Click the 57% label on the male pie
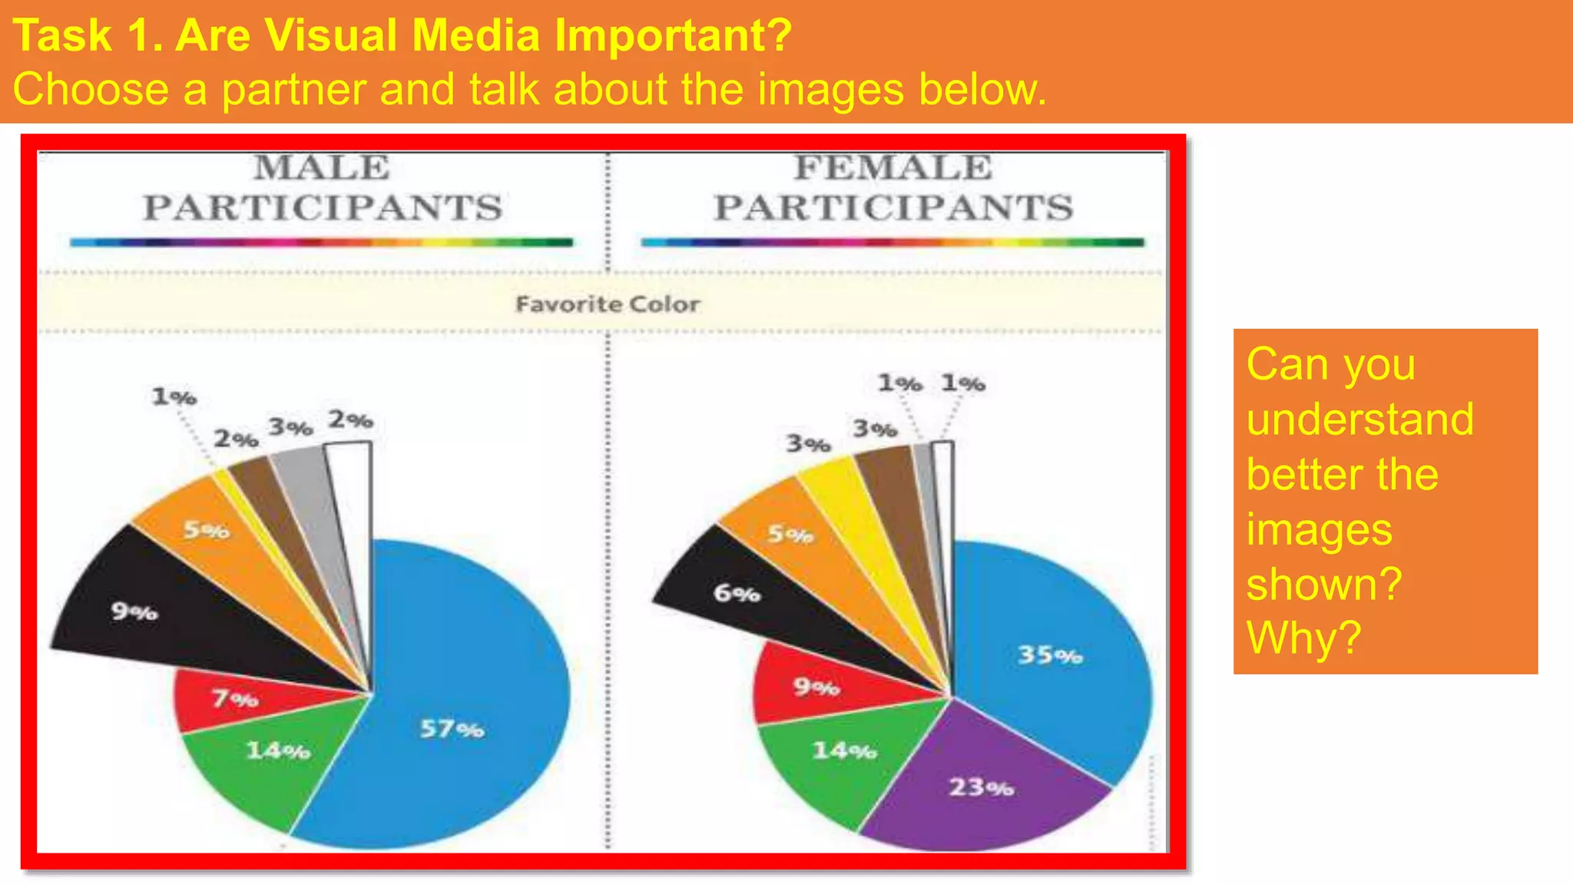[x=452, y=728]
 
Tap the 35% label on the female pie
[x=1049, y=655]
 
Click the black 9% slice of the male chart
[x=154, y=615]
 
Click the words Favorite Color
[x=607, y=304]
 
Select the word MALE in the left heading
[x=322, y=167]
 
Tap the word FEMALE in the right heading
[x=892, y=167]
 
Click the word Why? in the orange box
[x=1303, y=638]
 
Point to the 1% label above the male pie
[x=174, y=396]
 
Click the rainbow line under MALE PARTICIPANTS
[x=321, y=242]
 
